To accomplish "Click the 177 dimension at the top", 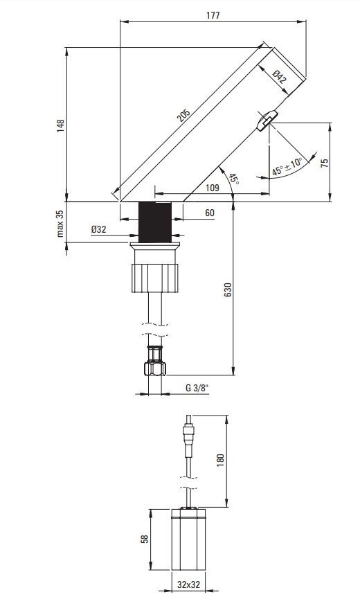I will coord(213,15).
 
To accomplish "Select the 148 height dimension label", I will coord(61,125).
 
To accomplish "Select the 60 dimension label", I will coord(209,213).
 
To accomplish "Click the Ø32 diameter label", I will coord(98,229).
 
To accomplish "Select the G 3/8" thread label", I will coord(197,389).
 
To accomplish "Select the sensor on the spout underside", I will coord(267,121).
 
